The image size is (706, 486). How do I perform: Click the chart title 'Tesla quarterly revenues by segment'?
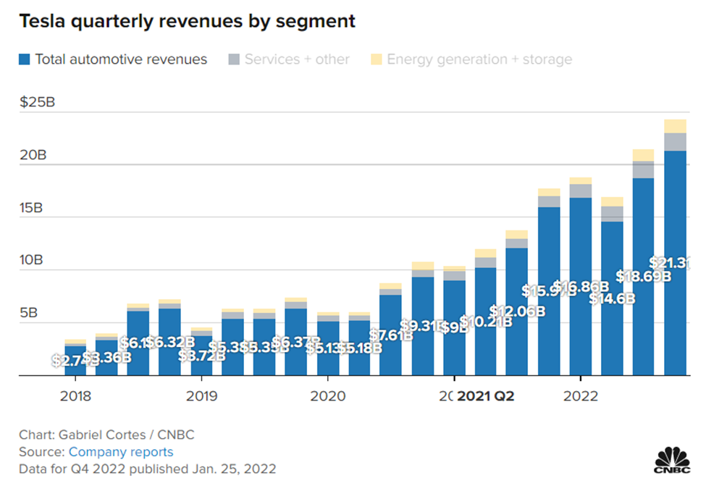click(187, 21)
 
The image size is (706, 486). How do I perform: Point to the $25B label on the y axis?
click(38, 102)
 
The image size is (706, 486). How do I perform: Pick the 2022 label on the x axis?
click(580, 396)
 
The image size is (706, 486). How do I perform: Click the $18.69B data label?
click(643, 276)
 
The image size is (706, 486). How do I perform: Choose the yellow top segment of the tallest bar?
click(675, 126)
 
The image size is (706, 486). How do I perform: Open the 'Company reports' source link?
click(121, 452)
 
